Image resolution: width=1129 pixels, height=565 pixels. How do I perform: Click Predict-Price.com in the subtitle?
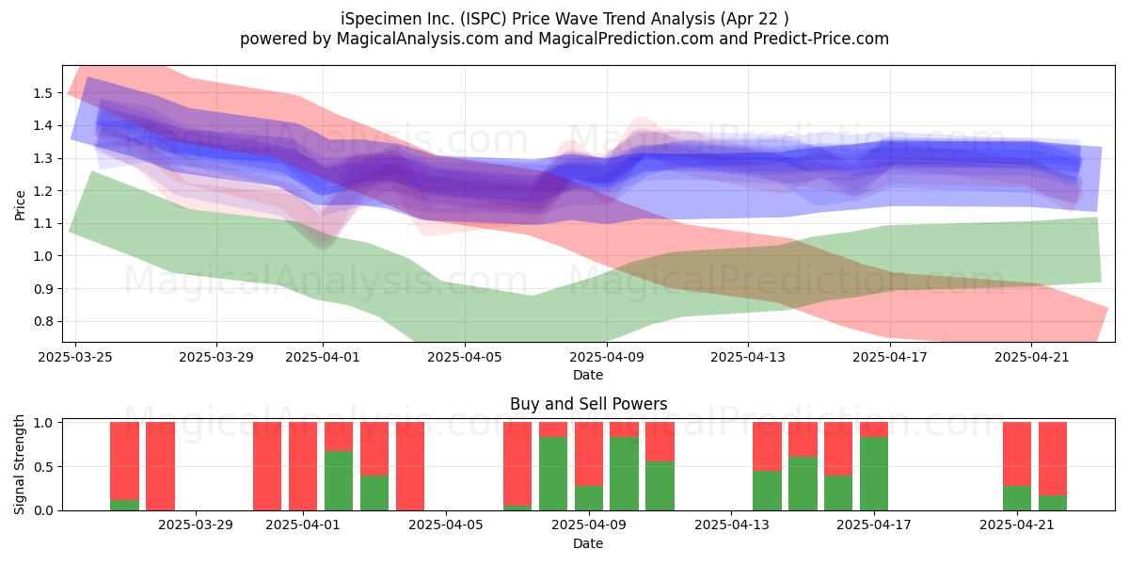click(x=821, y=39)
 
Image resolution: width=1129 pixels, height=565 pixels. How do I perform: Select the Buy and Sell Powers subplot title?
click(x=588, y=404)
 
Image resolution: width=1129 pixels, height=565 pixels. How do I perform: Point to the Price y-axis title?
click(x=20, y=205)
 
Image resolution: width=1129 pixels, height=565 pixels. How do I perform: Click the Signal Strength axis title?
click(x=19, y=464)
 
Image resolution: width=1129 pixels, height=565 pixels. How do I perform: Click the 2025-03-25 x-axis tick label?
click(x=75, y=357)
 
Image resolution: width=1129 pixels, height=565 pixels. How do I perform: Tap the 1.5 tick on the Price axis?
click(x=43, y=93)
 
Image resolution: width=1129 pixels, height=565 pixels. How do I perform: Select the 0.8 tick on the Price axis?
click(x=43, y=321)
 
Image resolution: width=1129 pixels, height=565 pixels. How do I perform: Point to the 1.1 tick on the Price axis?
click(x=43, y=223)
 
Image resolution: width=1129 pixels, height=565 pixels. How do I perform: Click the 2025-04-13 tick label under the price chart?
click(x=748, y=357)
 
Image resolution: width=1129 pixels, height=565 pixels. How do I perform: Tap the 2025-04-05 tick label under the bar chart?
click(x=446, y=525)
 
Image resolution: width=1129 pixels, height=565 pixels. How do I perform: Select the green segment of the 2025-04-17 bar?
click(x=874, y=474)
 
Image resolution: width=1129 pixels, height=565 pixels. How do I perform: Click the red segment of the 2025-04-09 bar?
click(x=589, y=454)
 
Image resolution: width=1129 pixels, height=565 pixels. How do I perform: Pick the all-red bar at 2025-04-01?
click(x=303, y=466)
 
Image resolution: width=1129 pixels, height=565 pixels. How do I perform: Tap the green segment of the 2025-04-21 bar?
click(x=1017, y=498)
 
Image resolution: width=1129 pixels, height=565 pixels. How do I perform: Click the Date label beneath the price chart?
click(x=588, y=375)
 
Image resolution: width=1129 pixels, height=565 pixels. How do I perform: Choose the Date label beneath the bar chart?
click(x=588, y=543)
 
